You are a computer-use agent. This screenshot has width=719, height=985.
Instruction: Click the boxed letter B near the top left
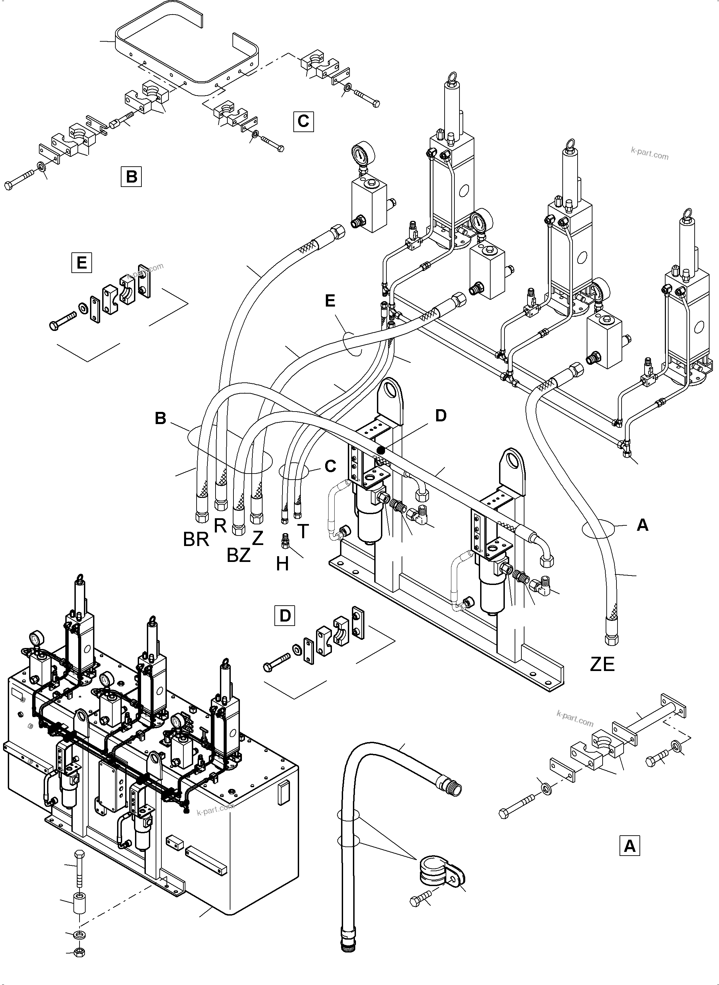click(131, 176)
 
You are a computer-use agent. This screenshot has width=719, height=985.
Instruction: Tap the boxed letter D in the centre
click(285, 615)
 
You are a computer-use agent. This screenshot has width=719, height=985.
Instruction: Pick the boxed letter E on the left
click(82, 263)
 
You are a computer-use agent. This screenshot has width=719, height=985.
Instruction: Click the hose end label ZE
click(602, 676)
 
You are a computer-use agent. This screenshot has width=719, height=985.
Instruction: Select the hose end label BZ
click(239, 556)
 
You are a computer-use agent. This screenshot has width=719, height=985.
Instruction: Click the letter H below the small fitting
click(283, 565)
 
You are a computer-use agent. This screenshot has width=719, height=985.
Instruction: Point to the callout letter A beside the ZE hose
click(643, 525)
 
